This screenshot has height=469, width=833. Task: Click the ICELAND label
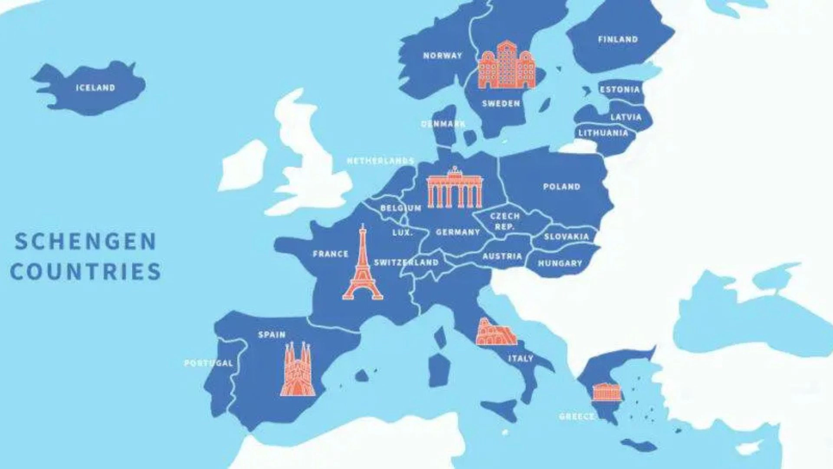pyautogui.click(x=95, y=88)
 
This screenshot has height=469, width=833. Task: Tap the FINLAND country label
pyautogui.click(x=618, y=40)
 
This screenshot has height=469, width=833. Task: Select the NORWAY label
pyautogui.click(x=443, y=56)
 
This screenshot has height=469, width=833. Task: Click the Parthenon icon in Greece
pyautogui.click(x=607, y=392)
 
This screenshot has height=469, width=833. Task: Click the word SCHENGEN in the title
pyautogui.click(x=85, y=241)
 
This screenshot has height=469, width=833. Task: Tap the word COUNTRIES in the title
pyautogui.click(x=85, y=272)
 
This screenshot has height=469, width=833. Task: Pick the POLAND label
pyautogui.click(x=561, y=187)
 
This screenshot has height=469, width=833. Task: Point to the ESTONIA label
pyautogui.click(x=620, y=90)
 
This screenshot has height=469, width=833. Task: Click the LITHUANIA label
pyautogui.click(x=603, y=133)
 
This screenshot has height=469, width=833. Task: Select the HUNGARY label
pyautogui.click(x=560, y=263)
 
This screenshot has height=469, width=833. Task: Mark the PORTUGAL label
pyautogui.click(x=209, y=363)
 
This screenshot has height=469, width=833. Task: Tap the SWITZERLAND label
pyautogui.click(x=406, y=262)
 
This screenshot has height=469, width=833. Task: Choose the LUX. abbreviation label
pyautogui.click(x=403, y=233)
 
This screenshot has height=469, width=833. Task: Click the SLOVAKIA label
pyautogui.click(x=566, y=237)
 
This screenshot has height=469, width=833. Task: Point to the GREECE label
pyautogui.click(x=577, y=416)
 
